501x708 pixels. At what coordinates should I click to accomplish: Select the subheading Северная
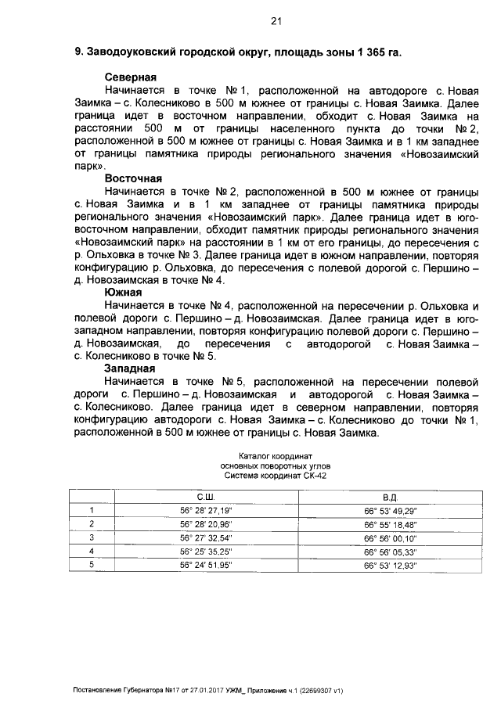(131, 77)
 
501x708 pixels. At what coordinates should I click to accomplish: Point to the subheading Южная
(122, 292)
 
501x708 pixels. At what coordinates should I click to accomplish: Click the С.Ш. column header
(206, 498)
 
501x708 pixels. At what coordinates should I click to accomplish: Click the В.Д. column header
(391, 498)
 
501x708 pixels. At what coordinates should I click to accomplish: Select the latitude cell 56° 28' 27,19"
(206, 511)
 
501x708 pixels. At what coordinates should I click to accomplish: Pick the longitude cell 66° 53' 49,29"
(391, 511)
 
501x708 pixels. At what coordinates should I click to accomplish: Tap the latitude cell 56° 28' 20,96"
(206, 524)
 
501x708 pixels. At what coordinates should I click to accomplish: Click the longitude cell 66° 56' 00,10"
(391, 537)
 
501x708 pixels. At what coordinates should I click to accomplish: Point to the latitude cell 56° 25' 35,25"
(206, 551)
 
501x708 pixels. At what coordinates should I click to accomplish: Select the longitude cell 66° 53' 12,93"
(391, 564)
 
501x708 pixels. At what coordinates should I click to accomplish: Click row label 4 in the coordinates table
(92, 551)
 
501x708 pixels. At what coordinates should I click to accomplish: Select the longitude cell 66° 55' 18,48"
(391, 524)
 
